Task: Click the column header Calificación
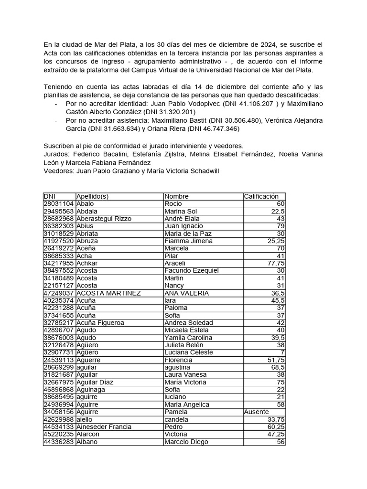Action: point(260,196)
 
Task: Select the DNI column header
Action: point(50,196)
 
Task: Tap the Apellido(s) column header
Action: point(93,196)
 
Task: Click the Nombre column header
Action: point(176,196)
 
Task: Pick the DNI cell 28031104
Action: point(59,204)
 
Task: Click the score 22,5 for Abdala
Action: point(278,211)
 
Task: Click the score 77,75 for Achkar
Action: point(276,263)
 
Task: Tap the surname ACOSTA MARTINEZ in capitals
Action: point(108,293)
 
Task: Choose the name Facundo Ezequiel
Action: point(191,271)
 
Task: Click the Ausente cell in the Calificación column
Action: point(257,412)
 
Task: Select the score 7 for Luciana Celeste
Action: point(283,352)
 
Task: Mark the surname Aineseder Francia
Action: point(104,427)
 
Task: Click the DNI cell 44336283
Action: point(59,442)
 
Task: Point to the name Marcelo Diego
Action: point(186,442)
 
